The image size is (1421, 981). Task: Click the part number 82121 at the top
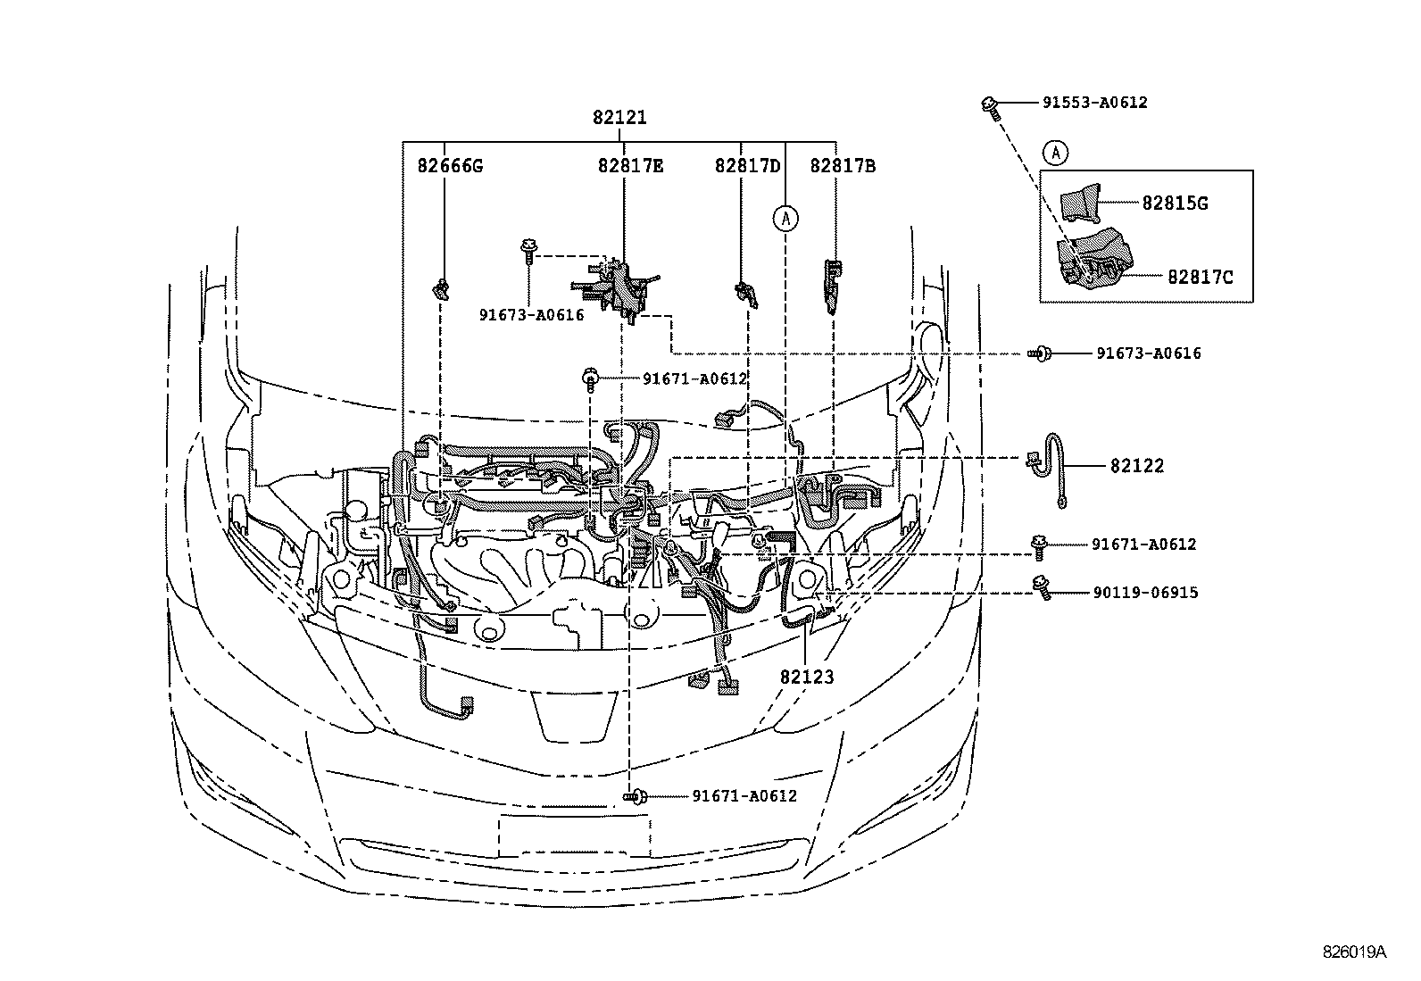619,117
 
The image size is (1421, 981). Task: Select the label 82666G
450,166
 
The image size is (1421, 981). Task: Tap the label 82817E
630,166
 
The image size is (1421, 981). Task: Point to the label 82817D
747,166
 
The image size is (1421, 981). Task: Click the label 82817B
842,166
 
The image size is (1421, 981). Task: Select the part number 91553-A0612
1094,103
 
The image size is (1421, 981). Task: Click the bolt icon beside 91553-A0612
990,105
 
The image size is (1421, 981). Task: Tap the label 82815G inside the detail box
1175,204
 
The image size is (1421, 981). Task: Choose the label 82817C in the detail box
1200,278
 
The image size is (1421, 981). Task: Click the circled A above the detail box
1055,154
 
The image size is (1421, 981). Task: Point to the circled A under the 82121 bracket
785,216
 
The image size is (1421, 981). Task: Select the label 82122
1137,466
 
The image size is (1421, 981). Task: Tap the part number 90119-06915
1145,593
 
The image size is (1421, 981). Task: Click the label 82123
806,678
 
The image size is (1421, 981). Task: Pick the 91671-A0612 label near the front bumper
744,796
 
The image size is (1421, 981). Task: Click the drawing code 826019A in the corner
1354,952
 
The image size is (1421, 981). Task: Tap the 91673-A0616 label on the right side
1148,353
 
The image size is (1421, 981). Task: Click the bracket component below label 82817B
830,284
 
